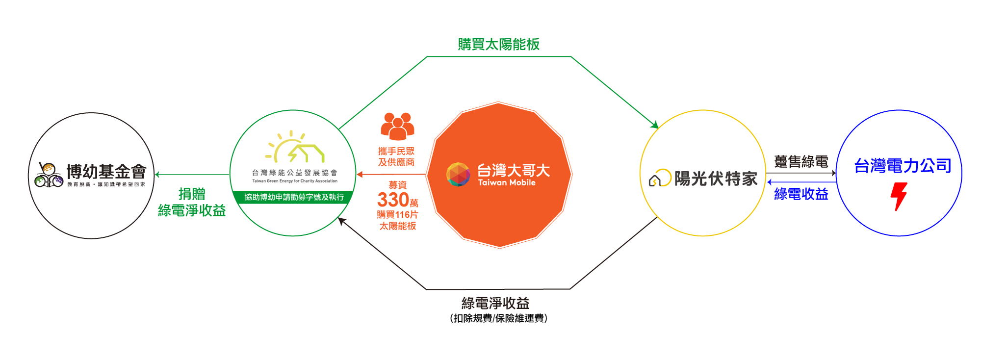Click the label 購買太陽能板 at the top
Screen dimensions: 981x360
coord(498,44)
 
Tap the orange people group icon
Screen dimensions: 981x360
coord(398,126)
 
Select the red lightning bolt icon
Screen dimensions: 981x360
coord(899,197)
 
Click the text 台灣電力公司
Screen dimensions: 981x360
coord(903,166)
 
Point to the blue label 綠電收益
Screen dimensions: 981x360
coord(801,194)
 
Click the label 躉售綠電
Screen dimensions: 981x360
coord(801,161)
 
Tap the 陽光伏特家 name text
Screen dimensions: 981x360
coord(716,179)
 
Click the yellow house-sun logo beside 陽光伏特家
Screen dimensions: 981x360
coord(660,178)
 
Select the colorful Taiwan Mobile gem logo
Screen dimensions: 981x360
coord(458,175)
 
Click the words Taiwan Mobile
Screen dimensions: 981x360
coord(507,182)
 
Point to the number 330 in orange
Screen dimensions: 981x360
coord(393,200)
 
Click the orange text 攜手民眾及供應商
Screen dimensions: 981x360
coord(396,157)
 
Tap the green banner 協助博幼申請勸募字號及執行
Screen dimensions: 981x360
coord(294,197)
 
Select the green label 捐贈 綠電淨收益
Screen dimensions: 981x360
coord(192,202)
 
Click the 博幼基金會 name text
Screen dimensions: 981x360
coord(106,172)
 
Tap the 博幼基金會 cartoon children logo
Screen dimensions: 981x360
coord(49,175)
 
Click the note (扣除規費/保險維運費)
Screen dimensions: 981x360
coord(498,318)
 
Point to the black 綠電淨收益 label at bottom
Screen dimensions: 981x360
coord(495,303)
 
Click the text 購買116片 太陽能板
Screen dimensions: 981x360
coord(397,220)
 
